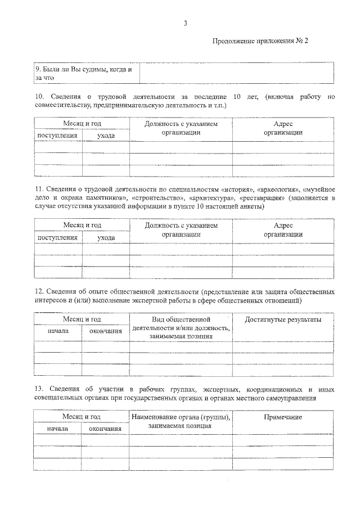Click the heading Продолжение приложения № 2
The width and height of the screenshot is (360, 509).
click(x=261, y=41)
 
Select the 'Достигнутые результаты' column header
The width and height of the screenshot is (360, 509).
click(x=283, y=319)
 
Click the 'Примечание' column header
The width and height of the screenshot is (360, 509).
click(x=283, y=417)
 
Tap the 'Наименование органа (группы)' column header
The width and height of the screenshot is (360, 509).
click(x=181, y=417)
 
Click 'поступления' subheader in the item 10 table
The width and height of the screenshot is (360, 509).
click(x=57, y=136)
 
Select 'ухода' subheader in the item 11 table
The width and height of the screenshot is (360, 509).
click(x=106, y=238)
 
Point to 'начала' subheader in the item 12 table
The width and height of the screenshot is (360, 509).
click(x=57, y=331)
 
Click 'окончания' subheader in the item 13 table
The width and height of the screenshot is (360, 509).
click(x=106, y=429)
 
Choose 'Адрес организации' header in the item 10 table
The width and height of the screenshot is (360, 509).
click(x=283, y=128)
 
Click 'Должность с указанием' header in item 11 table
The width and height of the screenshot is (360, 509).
click(x=181, y=226)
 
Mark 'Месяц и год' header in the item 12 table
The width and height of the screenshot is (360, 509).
click(x=82, y=319)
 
